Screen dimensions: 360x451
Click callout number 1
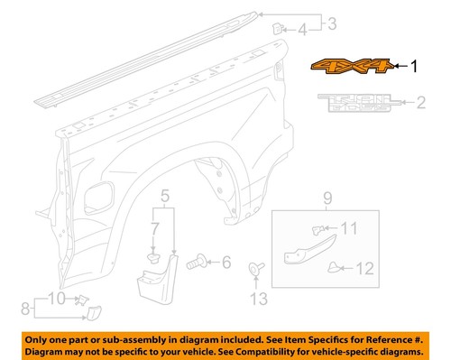click(x=415, y=66)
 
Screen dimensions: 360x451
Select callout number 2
click(x=419, y=104)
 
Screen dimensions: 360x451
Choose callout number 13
click(x=257, y=296)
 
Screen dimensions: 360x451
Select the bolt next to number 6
click(x=196, y=263)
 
